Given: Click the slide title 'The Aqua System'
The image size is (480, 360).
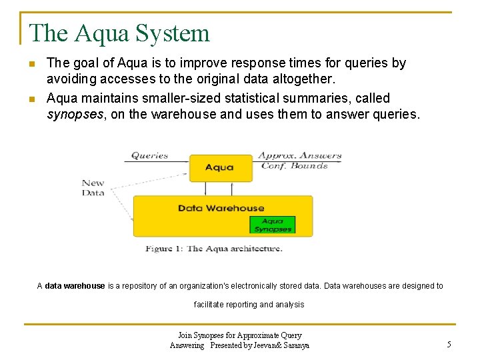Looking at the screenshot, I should click(120, 33).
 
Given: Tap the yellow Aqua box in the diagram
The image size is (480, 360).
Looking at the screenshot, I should click(219, 167).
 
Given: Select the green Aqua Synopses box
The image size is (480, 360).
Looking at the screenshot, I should click(272, 225).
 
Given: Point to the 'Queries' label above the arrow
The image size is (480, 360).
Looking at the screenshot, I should click(149, 155).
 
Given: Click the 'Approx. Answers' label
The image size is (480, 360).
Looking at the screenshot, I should click(299, 155).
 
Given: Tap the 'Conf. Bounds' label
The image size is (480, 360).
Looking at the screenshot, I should click(294, 166).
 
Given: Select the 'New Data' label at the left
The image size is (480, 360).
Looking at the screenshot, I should click(93, 187).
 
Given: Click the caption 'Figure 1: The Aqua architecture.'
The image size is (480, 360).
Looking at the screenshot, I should click(214, 249).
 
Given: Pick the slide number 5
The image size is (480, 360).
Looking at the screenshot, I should click(449, 345).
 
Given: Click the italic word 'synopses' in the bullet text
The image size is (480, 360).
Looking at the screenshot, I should click(73, 114).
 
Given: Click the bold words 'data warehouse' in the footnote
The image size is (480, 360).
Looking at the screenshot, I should click(75, 286).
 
